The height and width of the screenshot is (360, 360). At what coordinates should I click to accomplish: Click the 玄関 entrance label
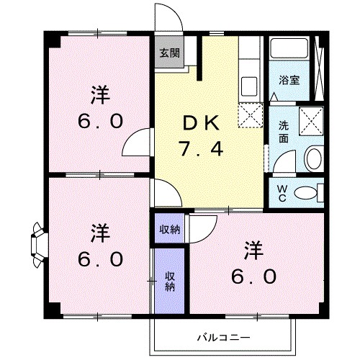coord(169,53)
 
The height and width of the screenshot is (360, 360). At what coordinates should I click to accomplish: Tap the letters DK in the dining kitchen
coord(196,123)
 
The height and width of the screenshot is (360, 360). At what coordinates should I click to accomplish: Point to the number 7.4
coord(196,150)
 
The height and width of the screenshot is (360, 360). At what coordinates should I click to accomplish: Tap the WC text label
coord(283,194)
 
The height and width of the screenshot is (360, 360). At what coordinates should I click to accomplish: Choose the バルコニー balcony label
coord(222,336)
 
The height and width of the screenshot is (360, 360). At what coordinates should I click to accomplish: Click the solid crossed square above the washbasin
coord(312,119)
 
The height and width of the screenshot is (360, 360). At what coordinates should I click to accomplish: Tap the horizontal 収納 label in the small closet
coord(169,230)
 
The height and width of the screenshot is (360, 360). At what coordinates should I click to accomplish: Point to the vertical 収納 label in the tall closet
coord(170,280)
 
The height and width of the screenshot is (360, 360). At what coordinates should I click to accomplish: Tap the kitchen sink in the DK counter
coord(248,84)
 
